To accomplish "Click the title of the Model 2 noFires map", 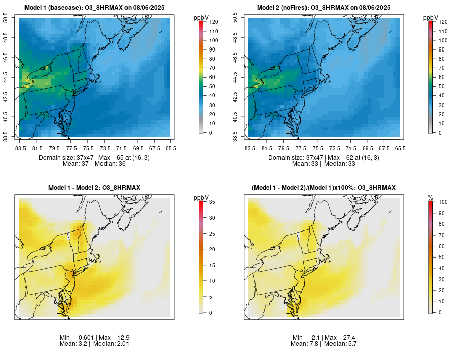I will coord(323,8).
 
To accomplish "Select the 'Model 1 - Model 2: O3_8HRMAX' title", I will coord(94,188).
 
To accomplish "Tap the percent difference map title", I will coord(323,188).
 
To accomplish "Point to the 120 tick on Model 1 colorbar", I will coord(211,22).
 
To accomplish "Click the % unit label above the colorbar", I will coord(430,197).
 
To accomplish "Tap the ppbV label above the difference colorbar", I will coord(201,197).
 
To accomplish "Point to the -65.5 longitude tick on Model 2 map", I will coord(400,148).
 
